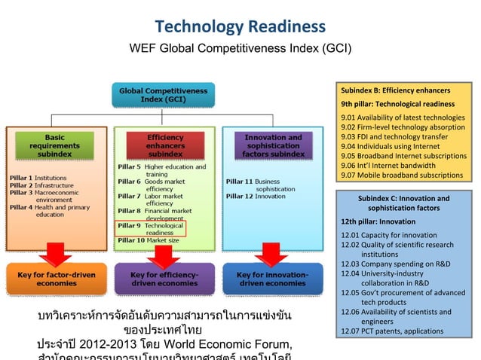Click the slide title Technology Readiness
tap(240, 28)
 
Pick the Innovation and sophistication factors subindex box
tap(273, 144)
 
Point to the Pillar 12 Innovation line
tap(252, 195)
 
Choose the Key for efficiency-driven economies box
tap(164, 279)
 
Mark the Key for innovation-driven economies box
tap(271, 279)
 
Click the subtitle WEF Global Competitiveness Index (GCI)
tap(240, 50)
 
